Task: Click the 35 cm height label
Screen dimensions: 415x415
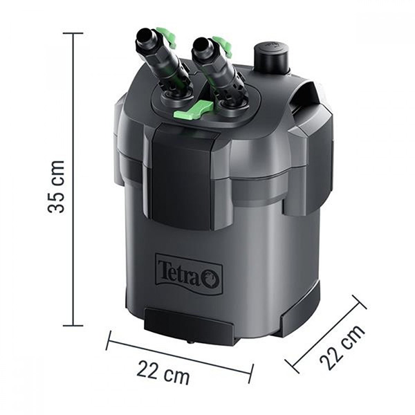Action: [x=56, y=186]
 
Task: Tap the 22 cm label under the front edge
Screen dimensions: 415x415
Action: [x=163, y=372]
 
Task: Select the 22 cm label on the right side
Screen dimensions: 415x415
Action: [x=342, y=347]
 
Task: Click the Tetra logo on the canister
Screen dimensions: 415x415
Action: [x=189, y=275]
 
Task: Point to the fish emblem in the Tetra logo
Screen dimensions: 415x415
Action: [x=212, y=279]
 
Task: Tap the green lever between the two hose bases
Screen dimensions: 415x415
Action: [x=193, y=110]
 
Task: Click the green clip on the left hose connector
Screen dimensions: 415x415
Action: [x=166, y=37]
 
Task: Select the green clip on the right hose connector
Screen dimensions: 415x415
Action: [x=223, y=46]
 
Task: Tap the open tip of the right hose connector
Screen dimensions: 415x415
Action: [x=201, y=44]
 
